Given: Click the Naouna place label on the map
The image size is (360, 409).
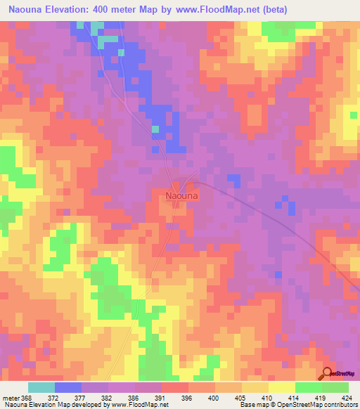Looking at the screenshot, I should tap(181, 197).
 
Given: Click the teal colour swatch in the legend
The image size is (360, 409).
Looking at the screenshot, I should tap(41, 387).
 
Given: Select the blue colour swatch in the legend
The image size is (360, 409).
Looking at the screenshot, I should tap(68, 387).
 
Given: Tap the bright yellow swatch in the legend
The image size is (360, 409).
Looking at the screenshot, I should tap(282, 387).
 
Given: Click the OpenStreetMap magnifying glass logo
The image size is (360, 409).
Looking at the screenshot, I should tap(328, 374).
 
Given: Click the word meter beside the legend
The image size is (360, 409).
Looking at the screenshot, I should tap(12, 397).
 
